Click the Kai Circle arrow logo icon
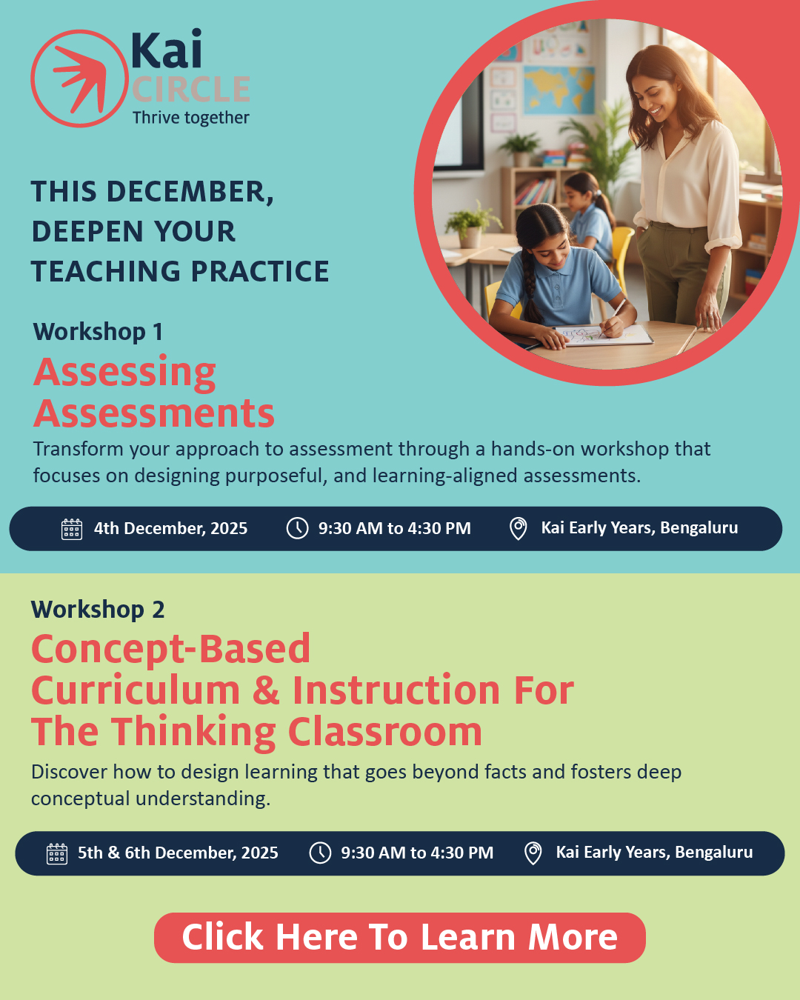(x=79, y=79)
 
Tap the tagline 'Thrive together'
(x=190, y=118)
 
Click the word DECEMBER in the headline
(x=190, y=192)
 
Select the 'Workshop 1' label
(x=98, y=332)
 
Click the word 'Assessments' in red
(x=154, y=413)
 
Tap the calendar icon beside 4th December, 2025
(x=72, y=530)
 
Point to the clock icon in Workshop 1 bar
(x=298, y=528)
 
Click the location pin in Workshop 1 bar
(x=519, y=529)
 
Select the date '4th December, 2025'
(x=170, y=528)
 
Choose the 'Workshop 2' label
(x=98, y=609)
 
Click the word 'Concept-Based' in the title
(x=170, y=650)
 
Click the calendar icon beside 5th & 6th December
(x=57, y=854)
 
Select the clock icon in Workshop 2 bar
(x=320, y=853)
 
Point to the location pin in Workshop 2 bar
(x=533, y=853)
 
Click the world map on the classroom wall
(x=559, y=90)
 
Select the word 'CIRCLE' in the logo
(x=191, y=89)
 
